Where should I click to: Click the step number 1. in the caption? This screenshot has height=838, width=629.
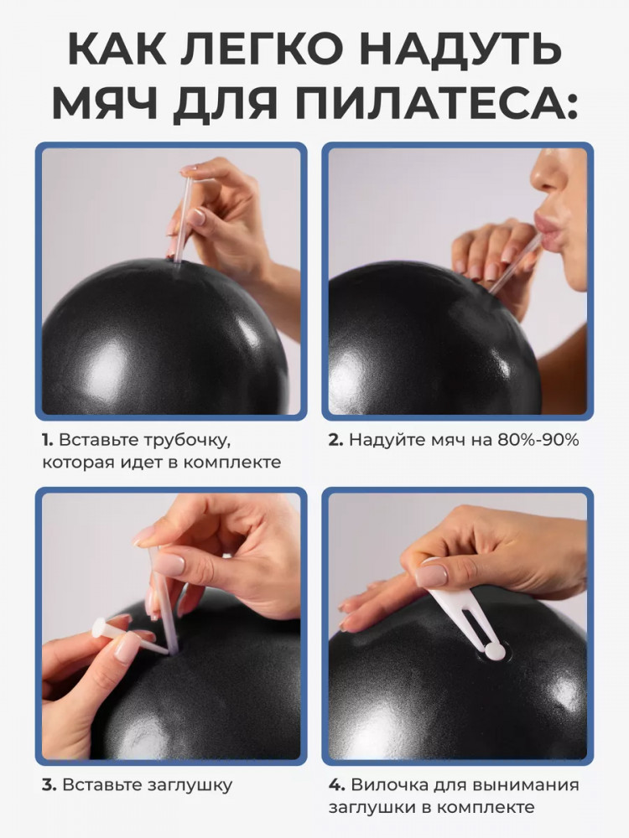coord(48,441)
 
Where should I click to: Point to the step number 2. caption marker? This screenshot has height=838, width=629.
coord(335,441)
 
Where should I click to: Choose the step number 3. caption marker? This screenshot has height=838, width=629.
coord(49,785)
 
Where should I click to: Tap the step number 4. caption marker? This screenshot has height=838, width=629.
coord(336,785)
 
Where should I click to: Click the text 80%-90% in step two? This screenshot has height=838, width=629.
coord(538,441)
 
